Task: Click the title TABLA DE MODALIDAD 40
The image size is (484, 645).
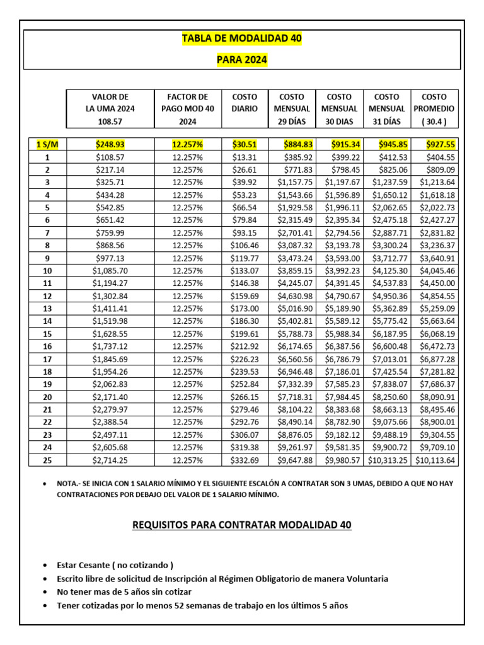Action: click(x=241, y=38)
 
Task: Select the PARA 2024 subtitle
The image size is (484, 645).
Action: click(x=241, y=60)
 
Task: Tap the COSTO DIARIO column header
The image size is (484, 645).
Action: click(x=245, y=103)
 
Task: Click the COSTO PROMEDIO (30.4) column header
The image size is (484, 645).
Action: click(x=434, y=109)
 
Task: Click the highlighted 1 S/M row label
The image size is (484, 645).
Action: click(x=47, y=145)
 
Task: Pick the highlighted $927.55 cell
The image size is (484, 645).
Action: click(x=440, y=145)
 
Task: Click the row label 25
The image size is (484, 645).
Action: click(x=47, y=460)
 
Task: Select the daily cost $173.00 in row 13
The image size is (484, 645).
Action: click(x=245, y=309)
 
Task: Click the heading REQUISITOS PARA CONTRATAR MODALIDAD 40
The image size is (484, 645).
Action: click(x=242, y=525)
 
